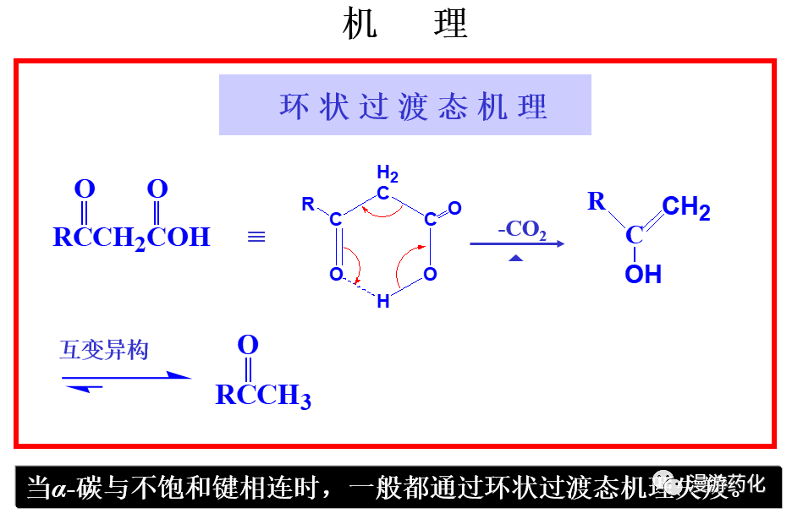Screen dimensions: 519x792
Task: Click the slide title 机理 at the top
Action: (404, 25)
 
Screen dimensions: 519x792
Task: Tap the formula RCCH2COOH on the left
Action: (131, 237)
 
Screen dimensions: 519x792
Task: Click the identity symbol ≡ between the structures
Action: (256, 238)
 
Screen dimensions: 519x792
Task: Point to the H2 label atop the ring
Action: (388, 174)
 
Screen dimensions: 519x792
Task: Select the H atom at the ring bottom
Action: (383, 301)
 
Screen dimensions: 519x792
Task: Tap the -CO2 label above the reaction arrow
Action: (521, 229)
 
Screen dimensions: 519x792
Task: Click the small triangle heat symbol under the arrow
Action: (516, 258)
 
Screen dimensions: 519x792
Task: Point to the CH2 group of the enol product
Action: (685, 208)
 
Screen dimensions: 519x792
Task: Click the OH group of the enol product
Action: (643, 274)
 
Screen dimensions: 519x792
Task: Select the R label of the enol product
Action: (597, 201)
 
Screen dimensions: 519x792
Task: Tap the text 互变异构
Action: (104, 350)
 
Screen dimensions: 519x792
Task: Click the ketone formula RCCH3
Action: (263, 396)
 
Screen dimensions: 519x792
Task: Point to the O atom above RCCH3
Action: (247, 345)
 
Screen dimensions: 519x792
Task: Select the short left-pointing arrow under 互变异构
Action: (83, 387)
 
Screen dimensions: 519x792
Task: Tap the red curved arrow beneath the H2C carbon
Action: (386, 211)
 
